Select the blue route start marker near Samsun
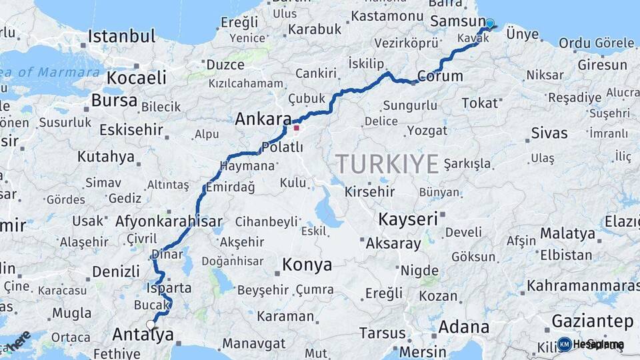[490, 24]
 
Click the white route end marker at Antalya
[151, 325]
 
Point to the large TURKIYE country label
[387, 164]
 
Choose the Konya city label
[307, 265]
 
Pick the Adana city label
[463, 328]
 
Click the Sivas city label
[549, 133]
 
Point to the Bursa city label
[114, 101]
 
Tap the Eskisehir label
[131, 129]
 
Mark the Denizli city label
[116, 271]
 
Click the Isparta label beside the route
[169, 289]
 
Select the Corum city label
[440, 76]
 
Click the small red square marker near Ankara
[297, 127]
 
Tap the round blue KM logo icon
[564, 344]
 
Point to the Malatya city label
[567, 233]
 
